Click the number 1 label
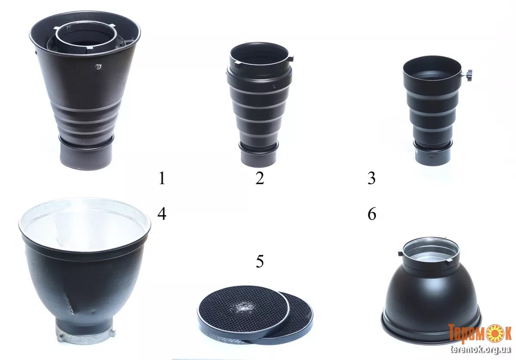pos(161,178)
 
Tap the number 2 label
pos(260,178)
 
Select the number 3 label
pos(371,178)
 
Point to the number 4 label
pos(161,214)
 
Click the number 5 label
pos(260,261)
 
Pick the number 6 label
pos(371,214)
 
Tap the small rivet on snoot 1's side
pos(97,67)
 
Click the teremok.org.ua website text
pos(480,350)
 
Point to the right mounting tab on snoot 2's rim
pos(291,59)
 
